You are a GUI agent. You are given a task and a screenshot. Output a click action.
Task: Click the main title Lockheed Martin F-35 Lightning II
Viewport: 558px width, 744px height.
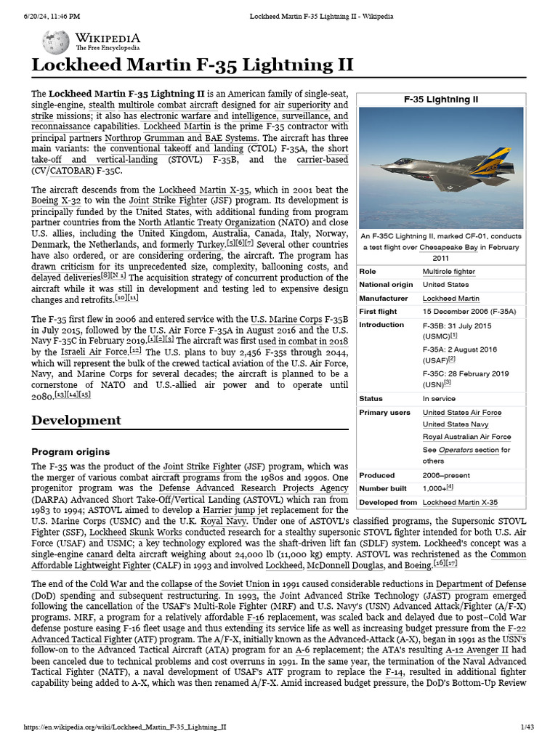tap(192, 65)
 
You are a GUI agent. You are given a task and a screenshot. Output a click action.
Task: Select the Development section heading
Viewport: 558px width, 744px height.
tap(76, 420)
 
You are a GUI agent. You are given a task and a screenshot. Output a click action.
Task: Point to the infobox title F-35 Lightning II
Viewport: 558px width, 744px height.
tap(441, 99)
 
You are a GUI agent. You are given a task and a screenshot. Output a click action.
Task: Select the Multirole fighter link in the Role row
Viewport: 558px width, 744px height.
tap(449, 271)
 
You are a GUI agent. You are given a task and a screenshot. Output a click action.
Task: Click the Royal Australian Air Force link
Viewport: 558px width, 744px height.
tap(466, 437)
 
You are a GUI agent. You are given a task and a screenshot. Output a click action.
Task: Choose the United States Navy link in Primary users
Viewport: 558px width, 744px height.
tap(456, 424)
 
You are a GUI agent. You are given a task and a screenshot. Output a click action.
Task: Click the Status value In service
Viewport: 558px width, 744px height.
tap(439, 398)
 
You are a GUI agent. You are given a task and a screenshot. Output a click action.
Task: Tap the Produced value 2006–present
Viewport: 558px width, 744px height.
tap(446, 475)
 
